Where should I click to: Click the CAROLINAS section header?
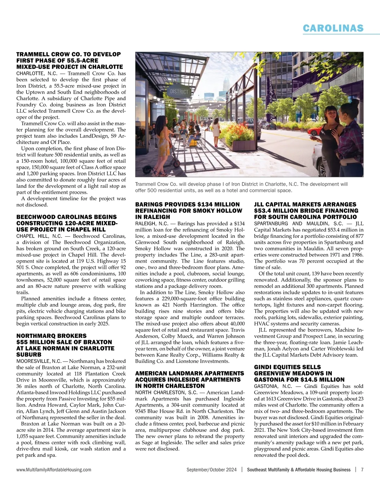click(x=333, y=28)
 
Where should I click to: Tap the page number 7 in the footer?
click(x=362, y=470)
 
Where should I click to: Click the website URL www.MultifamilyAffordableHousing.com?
click(x=54, y=470)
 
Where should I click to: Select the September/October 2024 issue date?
click(x=212, y=470)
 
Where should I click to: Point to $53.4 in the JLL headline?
click(x=263, y=211)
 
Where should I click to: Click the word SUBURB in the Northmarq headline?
click(x=29, y=355)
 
